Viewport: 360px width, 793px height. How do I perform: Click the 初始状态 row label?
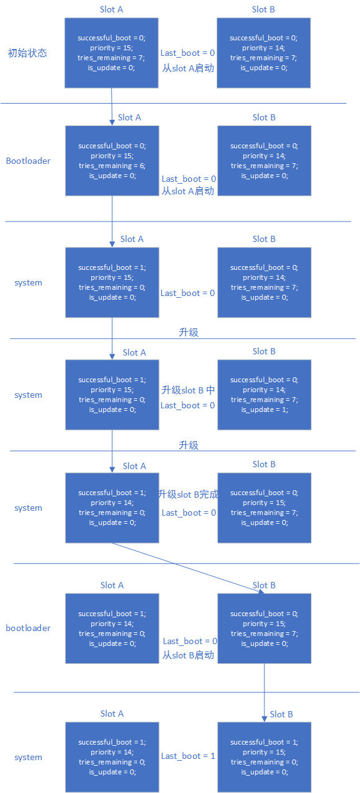(27, 53)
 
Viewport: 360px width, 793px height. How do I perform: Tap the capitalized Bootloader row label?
(29, 161)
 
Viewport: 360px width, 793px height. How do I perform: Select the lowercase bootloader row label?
(29, 628)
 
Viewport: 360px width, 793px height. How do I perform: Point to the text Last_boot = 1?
(188, 756)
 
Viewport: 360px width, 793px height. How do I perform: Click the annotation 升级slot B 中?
(188, 390)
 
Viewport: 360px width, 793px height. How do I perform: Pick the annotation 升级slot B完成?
(188, 494)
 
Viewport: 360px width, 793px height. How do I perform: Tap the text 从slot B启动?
(188, 655)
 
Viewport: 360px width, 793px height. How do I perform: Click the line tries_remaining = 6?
(112, 166)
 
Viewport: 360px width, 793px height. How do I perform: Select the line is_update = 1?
(264, 410)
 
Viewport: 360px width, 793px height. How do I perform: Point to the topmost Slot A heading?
(112, 9)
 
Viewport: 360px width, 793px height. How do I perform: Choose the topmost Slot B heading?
(263, 9)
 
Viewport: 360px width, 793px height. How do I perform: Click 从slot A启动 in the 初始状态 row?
(188, 68)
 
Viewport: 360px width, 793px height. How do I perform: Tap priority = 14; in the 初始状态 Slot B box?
(264, 48)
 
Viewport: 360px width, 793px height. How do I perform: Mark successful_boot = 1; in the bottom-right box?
(264, 742)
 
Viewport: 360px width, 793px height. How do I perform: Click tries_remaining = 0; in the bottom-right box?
(264, 762)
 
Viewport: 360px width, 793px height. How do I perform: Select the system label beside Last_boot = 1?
(29, 757)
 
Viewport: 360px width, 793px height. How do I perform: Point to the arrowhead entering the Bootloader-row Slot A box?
(112, 122)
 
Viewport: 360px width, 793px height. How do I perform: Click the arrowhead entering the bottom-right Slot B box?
(264, 719)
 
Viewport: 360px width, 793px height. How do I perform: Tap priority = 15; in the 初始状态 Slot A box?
(112, 48)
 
